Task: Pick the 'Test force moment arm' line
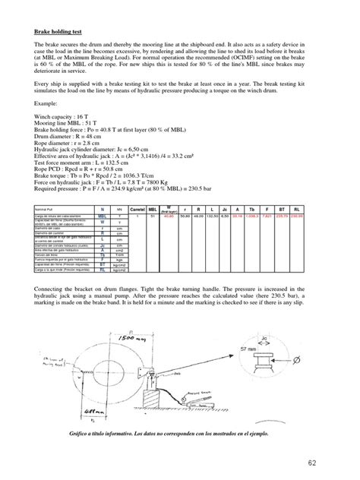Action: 82,164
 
